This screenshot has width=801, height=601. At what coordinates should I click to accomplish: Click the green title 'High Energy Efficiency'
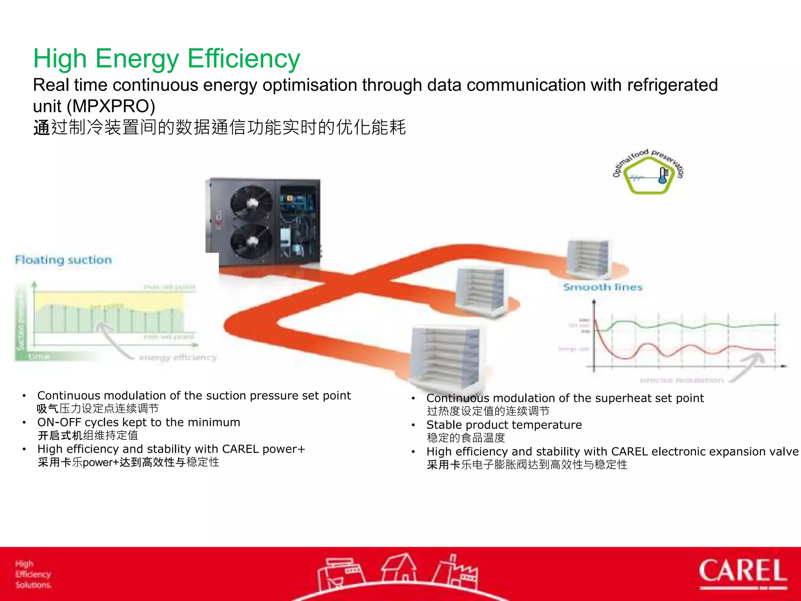point(167,59)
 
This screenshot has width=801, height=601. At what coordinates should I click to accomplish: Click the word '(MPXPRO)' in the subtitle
point(113,106)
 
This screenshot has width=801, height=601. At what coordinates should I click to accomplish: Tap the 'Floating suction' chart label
point(63,260)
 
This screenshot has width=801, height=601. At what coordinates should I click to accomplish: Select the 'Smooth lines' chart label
point(603,287)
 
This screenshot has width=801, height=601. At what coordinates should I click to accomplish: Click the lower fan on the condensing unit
point(251,241)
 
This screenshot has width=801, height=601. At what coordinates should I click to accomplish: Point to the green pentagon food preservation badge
point(648,176)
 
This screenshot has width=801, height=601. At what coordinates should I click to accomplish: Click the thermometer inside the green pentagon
point(663,176)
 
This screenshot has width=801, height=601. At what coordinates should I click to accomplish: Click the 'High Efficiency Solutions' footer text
point(33,574)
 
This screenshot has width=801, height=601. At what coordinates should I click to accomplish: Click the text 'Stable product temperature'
point(504,425)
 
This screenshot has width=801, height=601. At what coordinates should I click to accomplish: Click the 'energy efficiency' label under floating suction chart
point(178,357)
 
